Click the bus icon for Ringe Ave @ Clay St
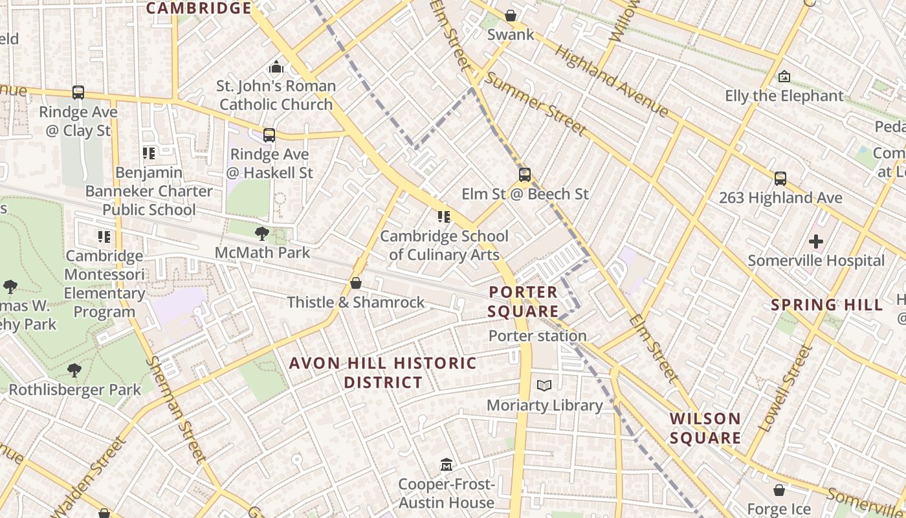point(78,93)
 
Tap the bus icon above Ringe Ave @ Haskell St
point(269,135)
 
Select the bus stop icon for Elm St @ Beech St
point(525,175)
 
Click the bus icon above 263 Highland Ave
point(780,179)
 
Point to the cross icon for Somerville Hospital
point(816,242)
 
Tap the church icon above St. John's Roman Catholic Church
point(276,67)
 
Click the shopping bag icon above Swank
point(511,16)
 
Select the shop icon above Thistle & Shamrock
point(355,283)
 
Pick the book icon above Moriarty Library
point(544,386)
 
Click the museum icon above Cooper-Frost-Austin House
point(446,465)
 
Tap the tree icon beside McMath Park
point(262,233)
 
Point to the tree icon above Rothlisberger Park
point(74,370)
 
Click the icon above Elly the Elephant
point(784,77)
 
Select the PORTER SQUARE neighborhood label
point(523,302)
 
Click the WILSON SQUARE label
point(705,429)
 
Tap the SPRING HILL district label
point(827,305)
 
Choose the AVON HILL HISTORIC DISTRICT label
point(383,372)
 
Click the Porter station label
point(537,336)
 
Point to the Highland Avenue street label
point(612,82)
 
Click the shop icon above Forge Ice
point(779,491)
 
